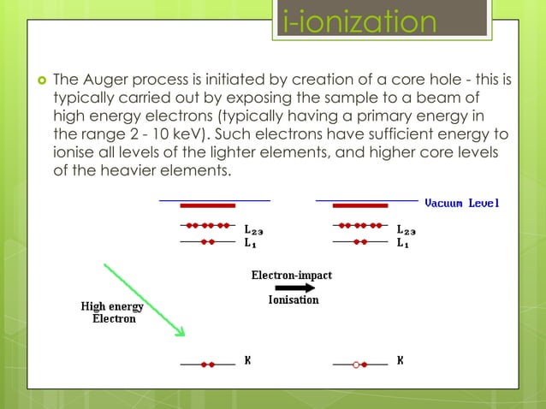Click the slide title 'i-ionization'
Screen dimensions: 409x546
tap(359, 21)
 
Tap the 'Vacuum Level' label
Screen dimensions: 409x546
tap(462, 204)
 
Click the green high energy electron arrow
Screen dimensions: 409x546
tap(145, 299)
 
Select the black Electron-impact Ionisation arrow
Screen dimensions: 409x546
tap(293, 288)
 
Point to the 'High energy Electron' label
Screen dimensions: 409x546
tap(112, 312)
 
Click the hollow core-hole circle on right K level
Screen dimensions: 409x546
tap(355, 365)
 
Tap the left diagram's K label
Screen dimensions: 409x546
tap(247, 360)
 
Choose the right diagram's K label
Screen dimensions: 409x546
tap(401, 360)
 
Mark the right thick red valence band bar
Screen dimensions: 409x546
tap(360, 206)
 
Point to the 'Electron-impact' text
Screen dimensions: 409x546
tap(291, 275)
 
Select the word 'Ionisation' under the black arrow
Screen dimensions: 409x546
tap(294, 300)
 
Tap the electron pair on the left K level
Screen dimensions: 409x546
tap(208, 365)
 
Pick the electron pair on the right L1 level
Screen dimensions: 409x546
tap(360, 242)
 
